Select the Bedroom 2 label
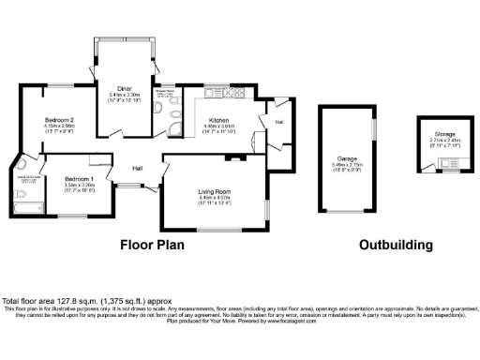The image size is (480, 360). coord(59,120)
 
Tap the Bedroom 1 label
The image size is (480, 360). coord(79,178)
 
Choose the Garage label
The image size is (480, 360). coord(346,160)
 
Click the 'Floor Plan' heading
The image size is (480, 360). coord(151,245)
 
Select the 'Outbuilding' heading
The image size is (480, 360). coord(396,245)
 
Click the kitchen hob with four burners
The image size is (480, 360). coord(234,94)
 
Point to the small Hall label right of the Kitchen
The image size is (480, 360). coord(279,123)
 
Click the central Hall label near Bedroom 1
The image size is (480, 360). coord(137,168)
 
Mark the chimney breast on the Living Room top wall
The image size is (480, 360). coord(235,157)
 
